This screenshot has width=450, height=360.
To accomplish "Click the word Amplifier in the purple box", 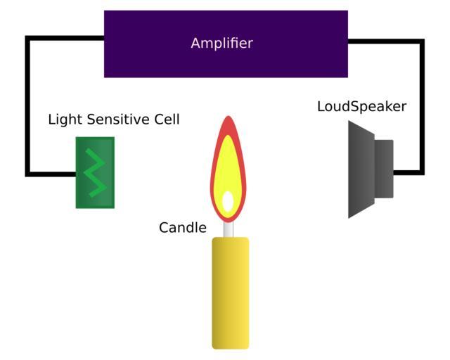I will click(221, 44).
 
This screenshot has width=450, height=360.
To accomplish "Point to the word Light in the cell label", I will click(62, 120).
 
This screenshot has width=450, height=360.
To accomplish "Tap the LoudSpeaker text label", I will click(361, 107).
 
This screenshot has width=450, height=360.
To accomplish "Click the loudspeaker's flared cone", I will click(360, 169).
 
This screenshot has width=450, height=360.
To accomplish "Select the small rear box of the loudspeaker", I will click(384, 169).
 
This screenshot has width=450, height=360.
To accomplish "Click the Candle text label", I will click(183, 228).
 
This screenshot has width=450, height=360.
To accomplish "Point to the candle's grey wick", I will click(229, 229).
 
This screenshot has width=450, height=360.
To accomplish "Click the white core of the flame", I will click(228, 201).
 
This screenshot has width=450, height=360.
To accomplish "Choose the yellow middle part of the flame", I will click(228, 165).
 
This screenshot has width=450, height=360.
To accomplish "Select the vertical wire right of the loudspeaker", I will click(422, 105).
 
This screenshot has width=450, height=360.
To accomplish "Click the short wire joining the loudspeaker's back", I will click(408, 172).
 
